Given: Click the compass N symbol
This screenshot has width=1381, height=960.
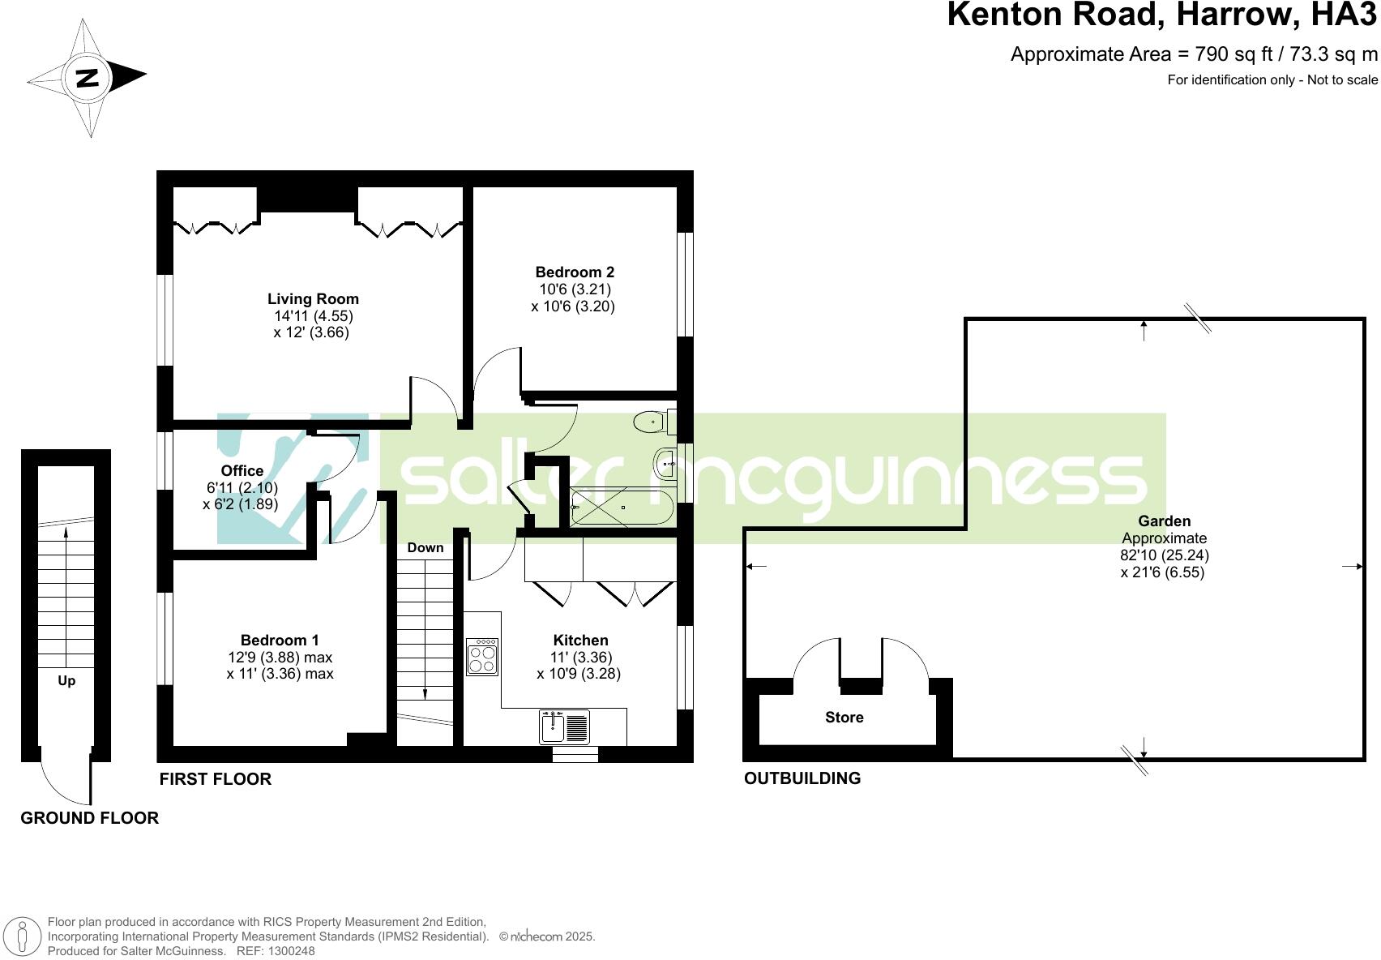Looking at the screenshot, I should (x=87, y=78).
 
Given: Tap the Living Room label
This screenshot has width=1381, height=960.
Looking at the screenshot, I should (x=313, y=299).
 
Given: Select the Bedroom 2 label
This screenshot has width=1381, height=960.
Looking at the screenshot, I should (x=575, y=272).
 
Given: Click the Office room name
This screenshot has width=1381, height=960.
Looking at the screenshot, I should (x=242, y=471).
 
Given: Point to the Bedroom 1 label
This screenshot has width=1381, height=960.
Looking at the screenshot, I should (x=280, y=641).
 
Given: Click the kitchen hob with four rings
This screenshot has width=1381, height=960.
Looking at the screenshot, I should (x=482, y=657).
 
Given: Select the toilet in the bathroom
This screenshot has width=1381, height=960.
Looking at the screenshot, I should (x=651, y=422).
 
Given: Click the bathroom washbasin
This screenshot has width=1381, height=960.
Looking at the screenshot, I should (x=664, y=465).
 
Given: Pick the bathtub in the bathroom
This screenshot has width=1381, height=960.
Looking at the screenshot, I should (x=622, y=508).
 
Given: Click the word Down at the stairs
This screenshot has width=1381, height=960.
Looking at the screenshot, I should (x=425, y=548).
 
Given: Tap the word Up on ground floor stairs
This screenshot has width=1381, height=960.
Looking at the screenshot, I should (x=66, y=681).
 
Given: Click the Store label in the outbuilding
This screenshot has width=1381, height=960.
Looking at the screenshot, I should (x=844, y=718).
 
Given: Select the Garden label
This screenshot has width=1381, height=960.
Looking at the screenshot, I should (x=1164, y=521).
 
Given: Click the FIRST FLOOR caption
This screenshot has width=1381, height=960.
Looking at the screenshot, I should (x=215, y=779).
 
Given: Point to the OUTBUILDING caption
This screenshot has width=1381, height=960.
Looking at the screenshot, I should (x=802, y=778).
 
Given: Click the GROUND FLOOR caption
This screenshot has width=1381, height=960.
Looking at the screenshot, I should (x=89, y=818).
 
